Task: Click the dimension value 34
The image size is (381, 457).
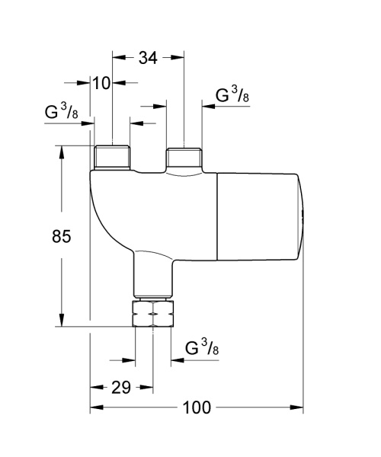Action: coord(149,57)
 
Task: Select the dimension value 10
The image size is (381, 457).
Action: coord(101,82)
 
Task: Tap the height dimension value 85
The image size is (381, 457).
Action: coord(62,237)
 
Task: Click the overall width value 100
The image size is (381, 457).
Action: coord(197,408)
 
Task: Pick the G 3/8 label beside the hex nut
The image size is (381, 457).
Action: coord(203,348)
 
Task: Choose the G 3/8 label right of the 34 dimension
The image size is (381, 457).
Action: coord(232,96)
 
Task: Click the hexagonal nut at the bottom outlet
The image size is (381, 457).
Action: coord(152,314)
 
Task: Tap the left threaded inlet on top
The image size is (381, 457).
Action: coord(112,158)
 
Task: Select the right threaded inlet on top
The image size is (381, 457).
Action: coord(184,158)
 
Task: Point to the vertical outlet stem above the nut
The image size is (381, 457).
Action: coord(152,274)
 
